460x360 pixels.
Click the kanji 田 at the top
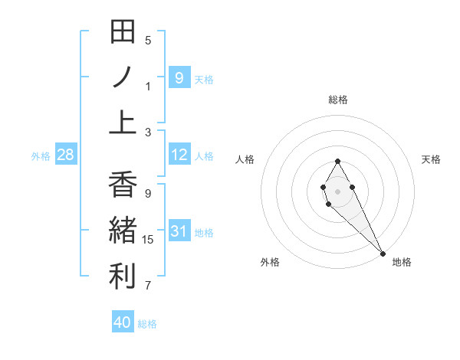point(123,32)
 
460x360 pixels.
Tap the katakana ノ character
point(123,77)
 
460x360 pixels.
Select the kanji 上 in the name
point(123,123)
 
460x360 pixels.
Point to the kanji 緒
point(123,230)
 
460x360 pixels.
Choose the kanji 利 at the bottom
point(123,276)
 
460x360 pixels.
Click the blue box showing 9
point(179,77)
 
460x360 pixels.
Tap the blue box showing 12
point(179,155)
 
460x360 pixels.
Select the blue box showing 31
point(179,231)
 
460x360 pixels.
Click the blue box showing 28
point(65,155)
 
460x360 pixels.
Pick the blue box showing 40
point(123,322)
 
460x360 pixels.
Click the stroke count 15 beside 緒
point(148,240)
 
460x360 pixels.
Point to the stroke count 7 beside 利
point(148,286)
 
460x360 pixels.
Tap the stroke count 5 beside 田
point(148,40)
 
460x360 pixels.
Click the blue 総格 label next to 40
point(147,324)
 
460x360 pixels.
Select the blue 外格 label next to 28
point(41,156)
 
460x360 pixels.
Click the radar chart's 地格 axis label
point(402,262)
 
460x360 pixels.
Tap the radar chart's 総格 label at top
point(337,100)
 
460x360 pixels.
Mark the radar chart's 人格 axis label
point(245,159)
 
